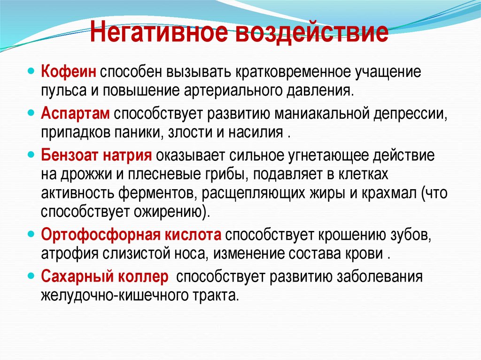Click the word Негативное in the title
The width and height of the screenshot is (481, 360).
pyautogui.click(x=155, y=34)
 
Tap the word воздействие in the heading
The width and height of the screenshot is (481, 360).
pyautogui.click(x=307, y=34)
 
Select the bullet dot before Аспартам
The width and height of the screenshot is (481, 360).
pyautogui.click(x=31, y=114)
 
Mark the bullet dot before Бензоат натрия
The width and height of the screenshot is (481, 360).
pyautogui.click(x=31, y=154)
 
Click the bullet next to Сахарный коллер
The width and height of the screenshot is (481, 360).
pyautogui.click(x=31, y=276)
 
